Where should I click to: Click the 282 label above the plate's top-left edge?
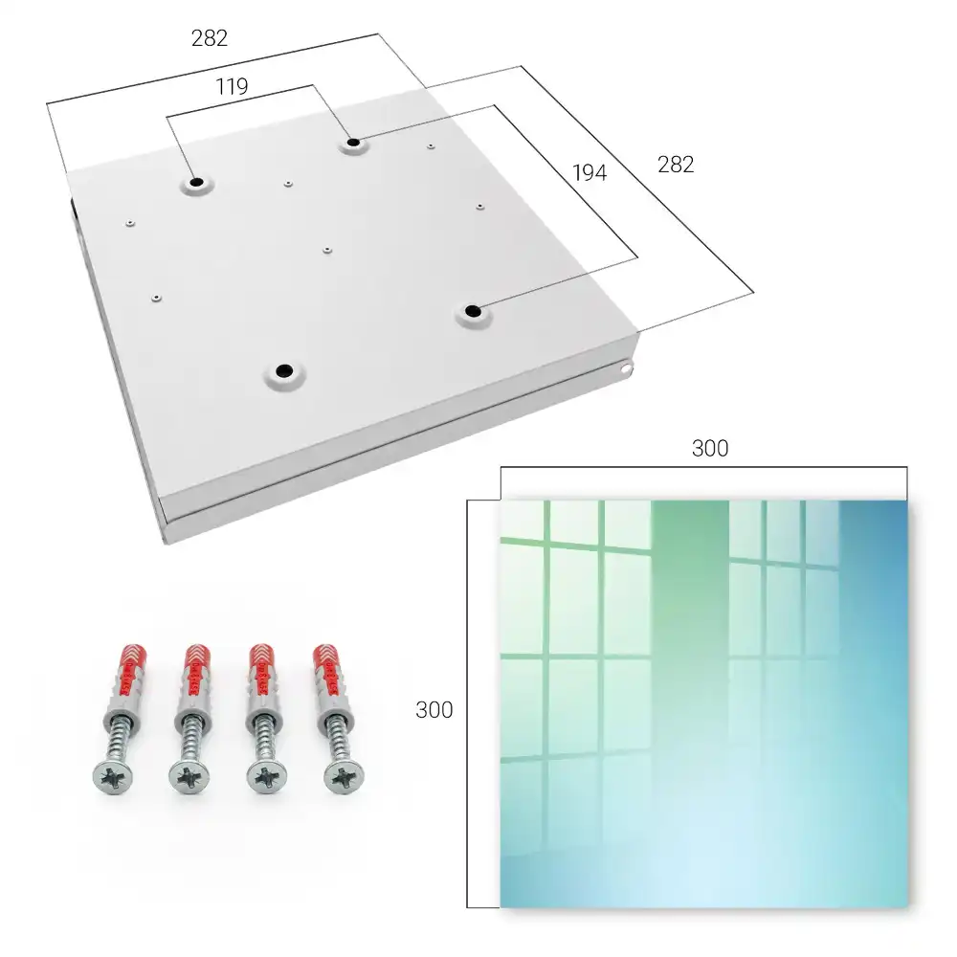(210, 38)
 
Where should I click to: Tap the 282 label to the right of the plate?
(676, 165)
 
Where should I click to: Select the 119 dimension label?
(232, 87)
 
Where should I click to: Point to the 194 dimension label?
(590, 173)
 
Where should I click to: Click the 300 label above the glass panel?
(710, 449)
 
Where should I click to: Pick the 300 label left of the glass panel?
(434, 710)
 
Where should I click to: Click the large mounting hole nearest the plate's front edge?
(284, 370)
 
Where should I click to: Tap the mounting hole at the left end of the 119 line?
(196, 182)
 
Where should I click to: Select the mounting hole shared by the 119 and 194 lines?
(353, 143)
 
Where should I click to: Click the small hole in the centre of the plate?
(327, 250)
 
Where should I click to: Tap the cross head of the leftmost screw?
(114, 776)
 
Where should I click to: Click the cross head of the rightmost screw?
(344, 776)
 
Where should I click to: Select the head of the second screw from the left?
(189, 777)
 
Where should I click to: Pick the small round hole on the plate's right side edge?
(626, 368)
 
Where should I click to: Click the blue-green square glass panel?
(704, 703)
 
